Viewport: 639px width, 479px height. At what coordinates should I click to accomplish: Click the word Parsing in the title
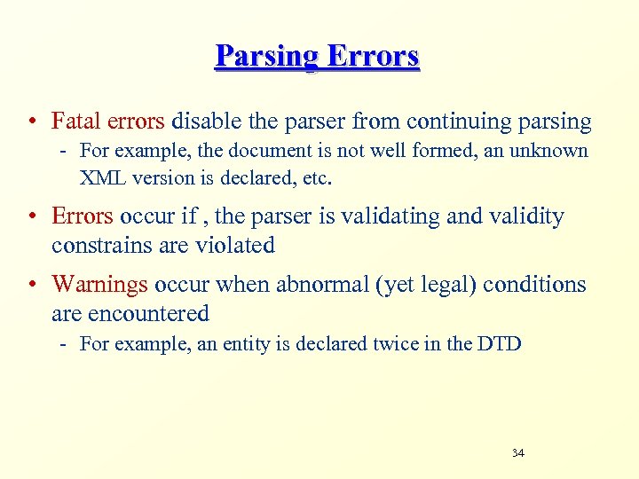[x=267, y=57]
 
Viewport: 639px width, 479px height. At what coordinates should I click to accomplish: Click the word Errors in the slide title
[x=373, y=57]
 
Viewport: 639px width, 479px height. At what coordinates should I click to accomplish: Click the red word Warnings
[x=99, y=285]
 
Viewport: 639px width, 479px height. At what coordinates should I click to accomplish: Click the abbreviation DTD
[x=500, y=344]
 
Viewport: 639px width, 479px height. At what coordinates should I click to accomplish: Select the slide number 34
[x=518, y=453]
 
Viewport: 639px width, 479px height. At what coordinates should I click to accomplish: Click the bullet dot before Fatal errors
[x=32, y=122]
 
